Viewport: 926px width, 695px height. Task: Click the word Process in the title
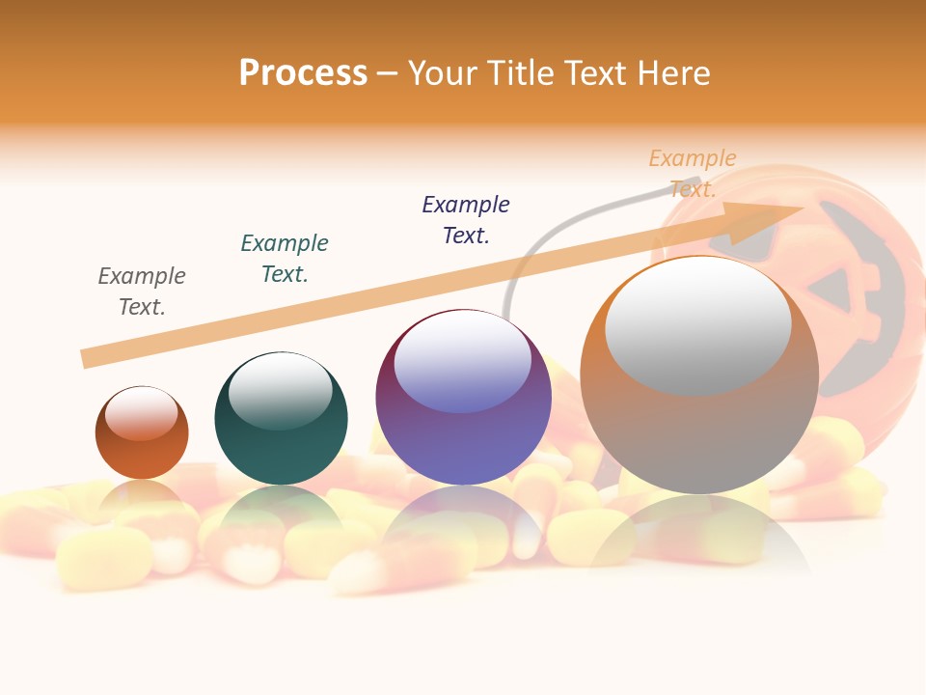(x=303, y=73)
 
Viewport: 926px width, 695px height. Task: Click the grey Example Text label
(x=142, y=292)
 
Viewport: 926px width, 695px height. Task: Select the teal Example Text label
(x=285, y=259)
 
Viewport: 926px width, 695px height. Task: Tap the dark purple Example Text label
(x=466, y=219)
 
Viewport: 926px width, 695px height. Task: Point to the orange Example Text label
(x=692, y=173)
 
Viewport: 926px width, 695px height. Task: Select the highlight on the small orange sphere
(x=141, y=414)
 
